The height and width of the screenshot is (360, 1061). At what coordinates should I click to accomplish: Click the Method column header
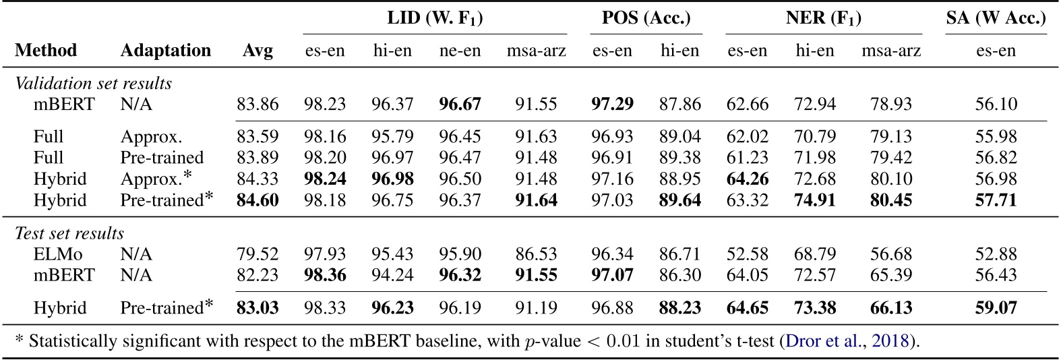point(46,51)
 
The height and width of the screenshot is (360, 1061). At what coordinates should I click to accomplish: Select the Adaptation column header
point(165,51)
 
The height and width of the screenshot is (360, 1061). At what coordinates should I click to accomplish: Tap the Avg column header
point(257,51)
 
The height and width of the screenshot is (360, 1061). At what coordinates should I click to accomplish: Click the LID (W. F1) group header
point(435,18)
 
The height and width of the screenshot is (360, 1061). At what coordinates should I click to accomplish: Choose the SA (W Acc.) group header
point(996,18)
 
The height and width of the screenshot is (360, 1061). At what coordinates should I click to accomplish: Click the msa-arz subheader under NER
point(890,51)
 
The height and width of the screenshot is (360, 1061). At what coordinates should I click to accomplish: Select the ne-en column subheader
point(460,51)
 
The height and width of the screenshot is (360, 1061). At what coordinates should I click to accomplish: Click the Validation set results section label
point(93,84)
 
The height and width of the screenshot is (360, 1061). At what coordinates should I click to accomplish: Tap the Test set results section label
point(69,233)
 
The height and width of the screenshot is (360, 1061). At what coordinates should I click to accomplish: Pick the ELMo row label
point(54,254)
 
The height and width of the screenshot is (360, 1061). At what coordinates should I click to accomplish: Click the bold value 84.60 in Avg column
point(257,200)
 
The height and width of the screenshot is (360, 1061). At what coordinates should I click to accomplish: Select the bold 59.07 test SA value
point(996,308)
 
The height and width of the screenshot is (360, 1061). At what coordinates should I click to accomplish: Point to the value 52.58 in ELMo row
point(747,254)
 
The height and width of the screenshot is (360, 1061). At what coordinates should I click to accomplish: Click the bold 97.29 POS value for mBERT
point(612,104)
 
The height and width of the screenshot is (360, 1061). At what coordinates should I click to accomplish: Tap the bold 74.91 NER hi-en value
point(814,200)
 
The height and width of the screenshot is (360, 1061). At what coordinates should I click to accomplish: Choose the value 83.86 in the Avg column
point(257,104)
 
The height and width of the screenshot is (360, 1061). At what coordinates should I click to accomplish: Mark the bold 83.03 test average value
point(257,308)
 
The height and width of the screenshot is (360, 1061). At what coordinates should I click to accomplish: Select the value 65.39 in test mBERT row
point(890,275)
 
